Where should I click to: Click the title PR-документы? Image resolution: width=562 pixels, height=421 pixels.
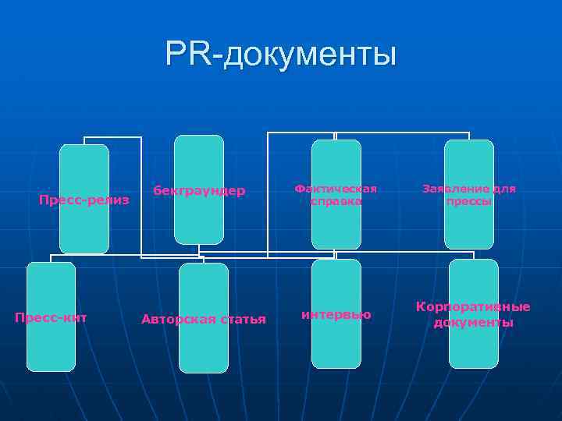[x=281, y=55]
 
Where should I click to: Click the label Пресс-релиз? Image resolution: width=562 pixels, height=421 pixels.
[x=84, y=200]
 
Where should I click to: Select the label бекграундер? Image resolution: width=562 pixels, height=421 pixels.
[x=198, y=190]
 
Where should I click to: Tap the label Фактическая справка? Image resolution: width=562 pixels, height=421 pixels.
[x=336, y=195]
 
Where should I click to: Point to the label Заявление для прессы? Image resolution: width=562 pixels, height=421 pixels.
[x=468, y=195]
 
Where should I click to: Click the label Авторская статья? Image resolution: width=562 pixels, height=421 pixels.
[x=203, y=319]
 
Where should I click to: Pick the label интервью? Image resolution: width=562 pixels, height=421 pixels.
[x=336, y=314]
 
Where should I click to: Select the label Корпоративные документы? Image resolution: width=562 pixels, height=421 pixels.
[x=473, y=314]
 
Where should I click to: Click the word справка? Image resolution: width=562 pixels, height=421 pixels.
[x=336, y=201]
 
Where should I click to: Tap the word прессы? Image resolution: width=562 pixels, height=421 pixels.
[x=468, y=201]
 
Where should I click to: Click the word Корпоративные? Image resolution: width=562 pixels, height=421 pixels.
[x=473, y=307]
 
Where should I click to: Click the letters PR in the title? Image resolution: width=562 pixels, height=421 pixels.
[x=187, y=55]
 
